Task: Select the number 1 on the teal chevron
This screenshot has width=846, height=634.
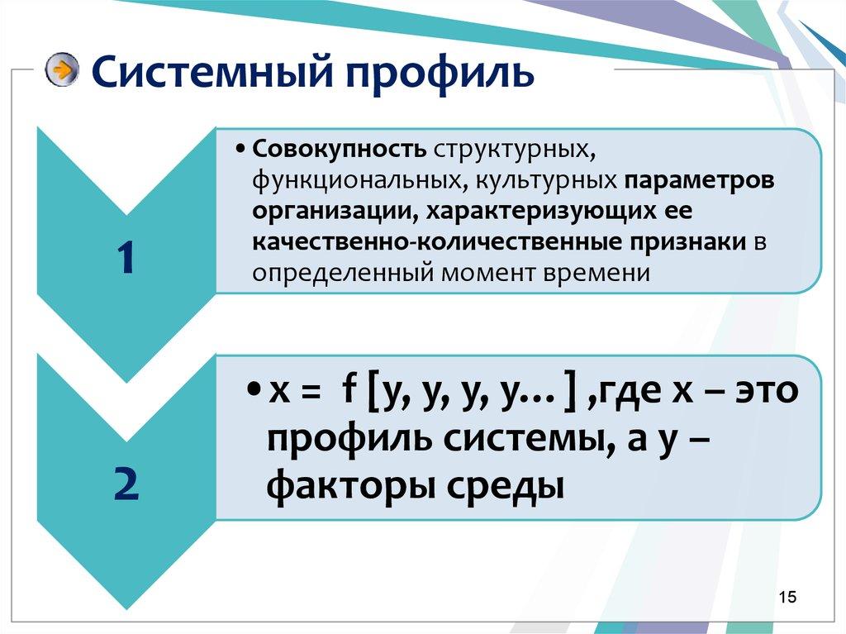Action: (x=124, y=258)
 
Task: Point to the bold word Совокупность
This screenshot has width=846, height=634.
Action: (x=340, y=150)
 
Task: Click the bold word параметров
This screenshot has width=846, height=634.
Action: (x=701, y=180)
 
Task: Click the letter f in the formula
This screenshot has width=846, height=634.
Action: (x=349, y=390)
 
